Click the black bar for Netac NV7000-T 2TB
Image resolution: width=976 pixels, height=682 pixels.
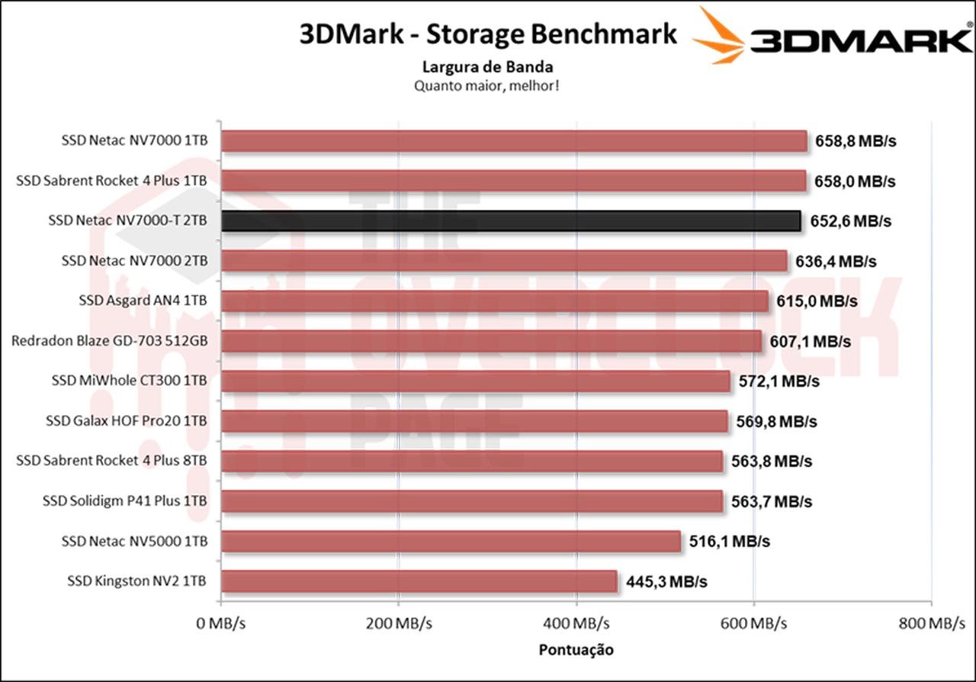(511, 221)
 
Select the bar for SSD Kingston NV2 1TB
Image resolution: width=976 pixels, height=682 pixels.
(419, 581)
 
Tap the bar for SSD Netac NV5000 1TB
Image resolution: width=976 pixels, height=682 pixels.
(451, 542)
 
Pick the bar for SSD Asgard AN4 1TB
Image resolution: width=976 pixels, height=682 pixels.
(495, 301)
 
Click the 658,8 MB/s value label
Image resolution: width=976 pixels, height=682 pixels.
(852, 142)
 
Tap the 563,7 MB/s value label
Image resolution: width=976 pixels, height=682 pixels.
(769, 502)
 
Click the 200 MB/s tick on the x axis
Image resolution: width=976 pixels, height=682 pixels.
(398, 623)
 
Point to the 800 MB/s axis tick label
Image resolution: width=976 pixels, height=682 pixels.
(932, 623)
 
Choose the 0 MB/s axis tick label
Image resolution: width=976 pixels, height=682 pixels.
(221, 623)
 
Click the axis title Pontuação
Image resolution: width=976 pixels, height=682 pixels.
(576, 650)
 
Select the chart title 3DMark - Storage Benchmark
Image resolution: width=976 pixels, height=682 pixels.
(488, 35)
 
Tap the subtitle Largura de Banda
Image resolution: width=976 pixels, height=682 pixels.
(487, 67)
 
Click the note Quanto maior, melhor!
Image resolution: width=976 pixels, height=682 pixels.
(487, 85)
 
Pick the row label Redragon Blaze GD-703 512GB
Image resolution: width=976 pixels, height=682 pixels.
(110, 341)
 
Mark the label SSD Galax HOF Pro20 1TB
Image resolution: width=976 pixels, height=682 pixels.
(127, 421)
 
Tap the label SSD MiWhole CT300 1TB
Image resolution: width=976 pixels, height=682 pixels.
(130, 381)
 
